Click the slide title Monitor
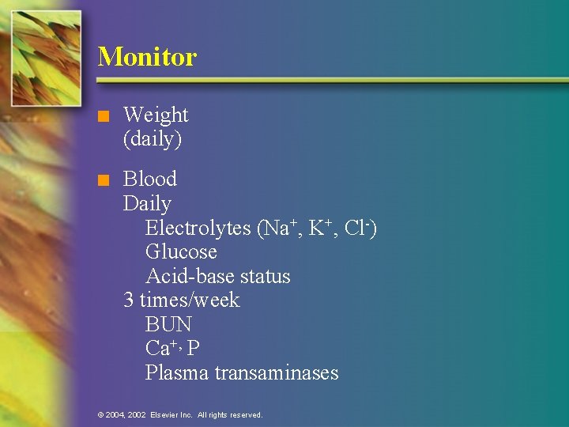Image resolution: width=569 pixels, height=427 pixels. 147,57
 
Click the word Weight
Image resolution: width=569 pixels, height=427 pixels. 156,115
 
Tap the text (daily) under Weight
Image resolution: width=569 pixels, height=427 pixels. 153,140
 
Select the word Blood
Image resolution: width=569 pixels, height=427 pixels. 150,179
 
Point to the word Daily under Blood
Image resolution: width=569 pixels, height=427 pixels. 147,203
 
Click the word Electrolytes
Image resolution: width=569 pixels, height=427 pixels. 198,229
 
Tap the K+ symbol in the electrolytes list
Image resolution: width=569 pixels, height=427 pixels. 318,229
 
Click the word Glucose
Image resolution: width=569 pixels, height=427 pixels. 181,252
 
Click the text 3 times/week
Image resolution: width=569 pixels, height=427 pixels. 182,300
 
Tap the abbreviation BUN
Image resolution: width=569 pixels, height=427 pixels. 168,324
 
